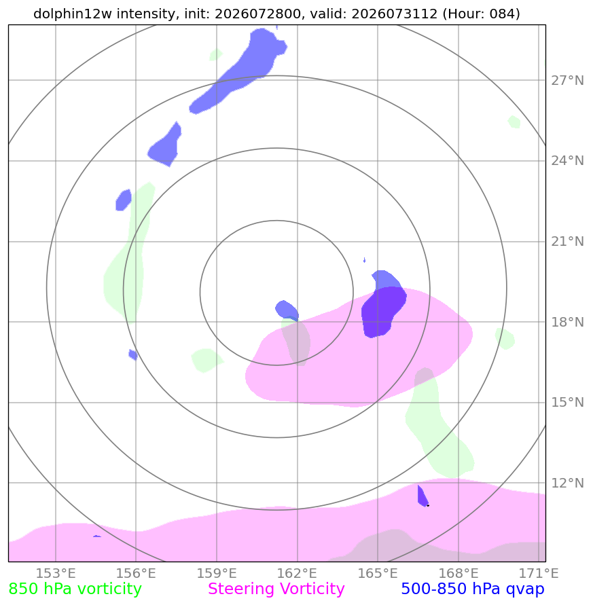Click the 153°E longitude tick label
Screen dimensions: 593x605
coord(56,573)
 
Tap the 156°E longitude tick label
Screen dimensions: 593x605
coord(136,573)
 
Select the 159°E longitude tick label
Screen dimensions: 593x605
coord(217,573)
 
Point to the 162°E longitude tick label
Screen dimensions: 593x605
coord(297,573)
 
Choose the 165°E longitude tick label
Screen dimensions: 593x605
coord(378,573)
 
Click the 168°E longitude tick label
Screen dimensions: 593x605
coord(459,573)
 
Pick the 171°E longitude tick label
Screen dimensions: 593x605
coord(539,573)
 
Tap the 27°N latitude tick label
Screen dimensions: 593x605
coord(567,81)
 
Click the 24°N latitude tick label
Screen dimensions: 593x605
coord(567,160)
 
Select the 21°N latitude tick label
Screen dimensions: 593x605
coord(567,242)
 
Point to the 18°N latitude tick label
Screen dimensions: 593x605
coord(567,322)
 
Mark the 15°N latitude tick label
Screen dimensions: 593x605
coord(567,403)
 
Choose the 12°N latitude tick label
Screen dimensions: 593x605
coord(567,483)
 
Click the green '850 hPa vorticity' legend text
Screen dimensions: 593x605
coord(75,589)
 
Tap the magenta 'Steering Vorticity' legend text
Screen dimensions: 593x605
coord(276,589)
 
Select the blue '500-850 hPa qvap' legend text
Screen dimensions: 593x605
coord(473,589)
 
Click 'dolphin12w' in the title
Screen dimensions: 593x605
coord(73,14)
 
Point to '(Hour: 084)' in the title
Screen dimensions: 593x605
coord(481,14)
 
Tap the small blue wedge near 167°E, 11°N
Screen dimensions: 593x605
coord(423,496)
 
